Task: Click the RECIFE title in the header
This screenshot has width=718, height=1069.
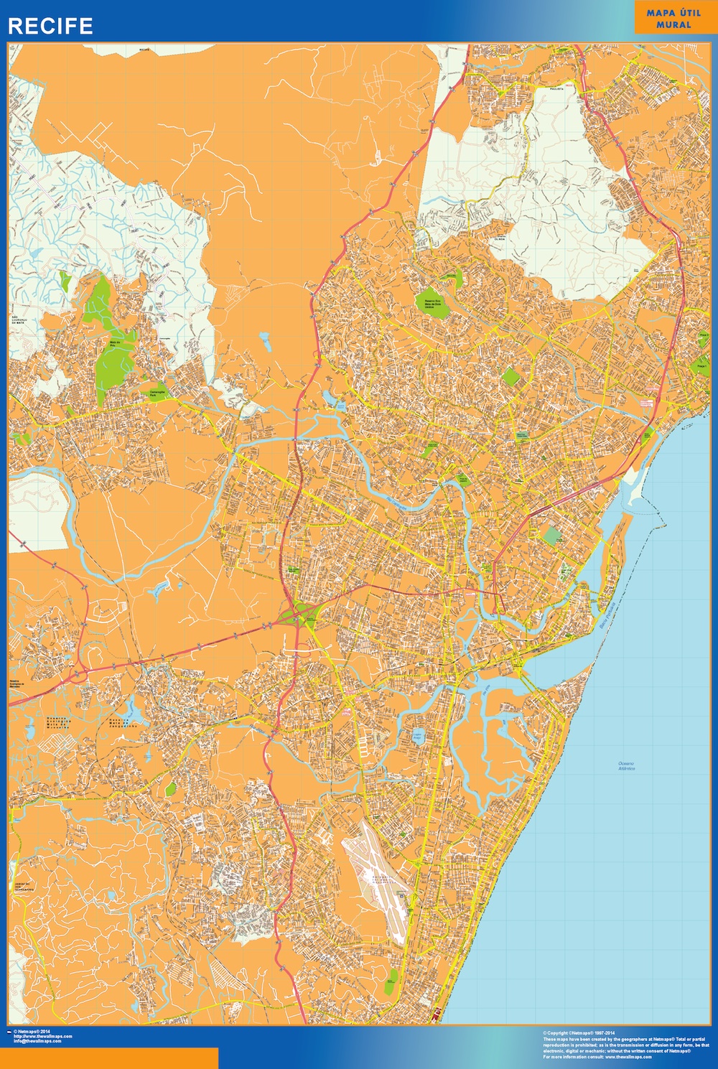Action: pyautogui.click(x=50, y=26)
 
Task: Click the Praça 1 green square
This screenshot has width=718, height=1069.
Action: pyautogui.click(x=701, y=365)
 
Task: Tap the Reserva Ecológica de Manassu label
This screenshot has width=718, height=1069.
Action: pyautogui.click(x=17, y=685)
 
